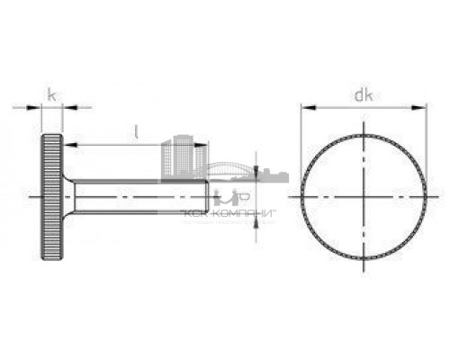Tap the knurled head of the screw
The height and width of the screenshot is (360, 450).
pos(51,195)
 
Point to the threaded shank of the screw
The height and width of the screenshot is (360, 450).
pos(135,196)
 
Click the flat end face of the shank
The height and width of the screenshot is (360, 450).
pos(209,196)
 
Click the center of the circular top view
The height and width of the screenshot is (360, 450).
pos(363,196)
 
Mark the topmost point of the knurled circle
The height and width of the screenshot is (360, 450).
pos(363,136)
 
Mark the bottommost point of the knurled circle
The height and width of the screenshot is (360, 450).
pos(363,256)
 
